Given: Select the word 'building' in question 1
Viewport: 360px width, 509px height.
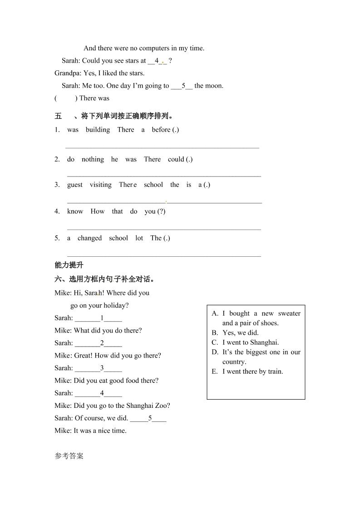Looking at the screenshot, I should [x=98, y=130].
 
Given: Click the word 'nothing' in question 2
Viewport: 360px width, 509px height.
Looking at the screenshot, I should [x=93, y=159].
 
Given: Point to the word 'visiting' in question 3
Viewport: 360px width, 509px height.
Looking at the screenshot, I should [x=100, y=185].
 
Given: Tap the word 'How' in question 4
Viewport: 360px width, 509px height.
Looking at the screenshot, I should [x=98, y=211].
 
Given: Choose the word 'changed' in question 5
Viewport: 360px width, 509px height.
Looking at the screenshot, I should [x=89, y=238].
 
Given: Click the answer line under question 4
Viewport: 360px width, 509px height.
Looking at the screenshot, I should [x=164, y=229].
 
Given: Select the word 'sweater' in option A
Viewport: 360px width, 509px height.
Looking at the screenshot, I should [x=289, y=313].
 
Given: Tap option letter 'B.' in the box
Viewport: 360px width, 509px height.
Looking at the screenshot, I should [x=215, y=333].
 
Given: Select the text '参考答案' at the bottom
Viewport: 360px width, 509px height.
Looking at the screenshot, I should [x=69, y=456].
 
